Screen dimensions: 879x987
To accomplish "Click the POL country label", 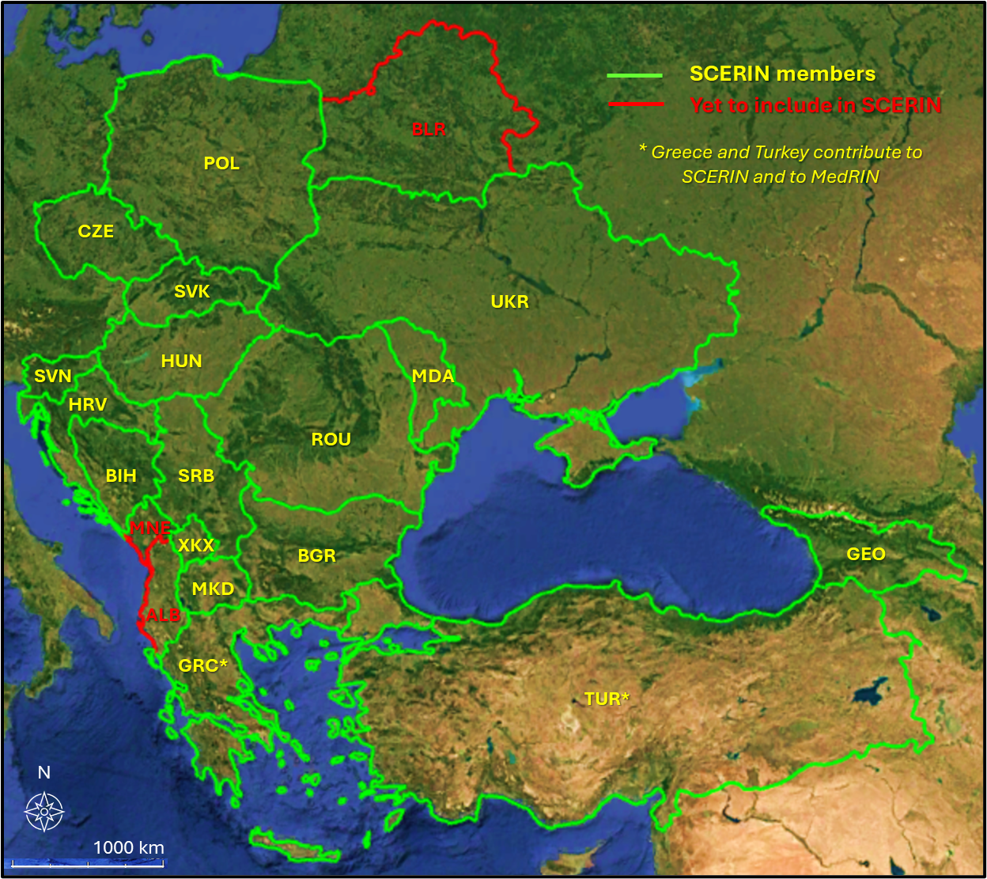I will click(x=221, y=164).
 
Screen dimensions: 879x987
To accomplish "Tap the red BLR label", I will click(x=429, y=130).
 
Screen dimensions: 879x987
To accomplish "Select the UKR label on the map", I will click(x=509, y=302).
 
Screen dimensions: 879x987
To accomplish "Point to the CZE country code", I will click(x=96, y=232).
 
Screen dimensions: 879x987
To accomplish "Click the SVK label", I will click(x=192, y=292).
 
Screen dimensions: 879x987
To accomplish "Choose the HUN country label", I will click(x=181, y=362).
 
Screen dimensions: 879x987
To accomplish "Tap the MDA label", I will click(x=433, y=377).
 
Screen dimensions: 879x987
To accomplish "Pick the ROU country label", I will click(x=331, y=440).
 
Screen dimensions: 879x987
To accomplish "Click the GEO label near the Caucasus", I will click(x=866, y=555).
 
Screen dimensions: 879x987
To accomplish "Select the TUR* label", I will click(x=607, y=699).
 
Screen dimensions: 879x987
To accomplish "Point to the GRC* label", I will click(x=202, y=666).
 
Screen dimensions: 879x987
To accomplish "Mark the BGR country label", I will click(x=316, y=556).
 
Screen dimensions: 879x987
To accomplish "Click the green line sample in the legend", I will click(x=634, y=76).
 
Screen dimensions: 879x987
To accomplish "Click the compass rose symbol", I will click(x=44, y=811).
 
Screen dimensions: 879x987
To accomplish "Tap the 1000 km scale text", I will click(x=129, y=848).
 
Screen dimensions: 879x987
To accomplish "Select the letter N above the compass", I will click(x=44, y=773).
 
